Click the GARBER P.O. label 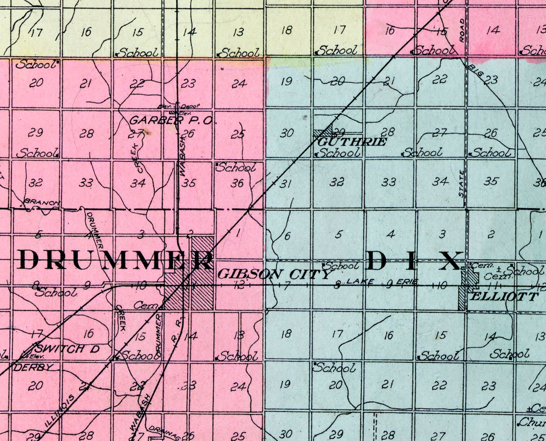(173, 121)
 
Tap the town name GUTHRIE (352, 142)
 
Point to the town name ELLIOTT (504, 297)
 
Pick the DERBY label (34, 367)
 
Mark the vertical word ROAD (462, 31)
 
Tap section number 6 (287, 235)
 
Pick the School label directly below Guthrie (338, 153)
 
